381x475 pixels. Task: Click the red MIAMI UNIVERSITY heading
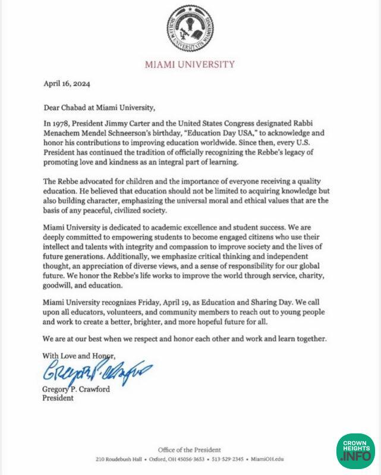(191, 64)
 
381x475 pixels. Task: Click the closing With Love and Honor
(78, 355)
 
